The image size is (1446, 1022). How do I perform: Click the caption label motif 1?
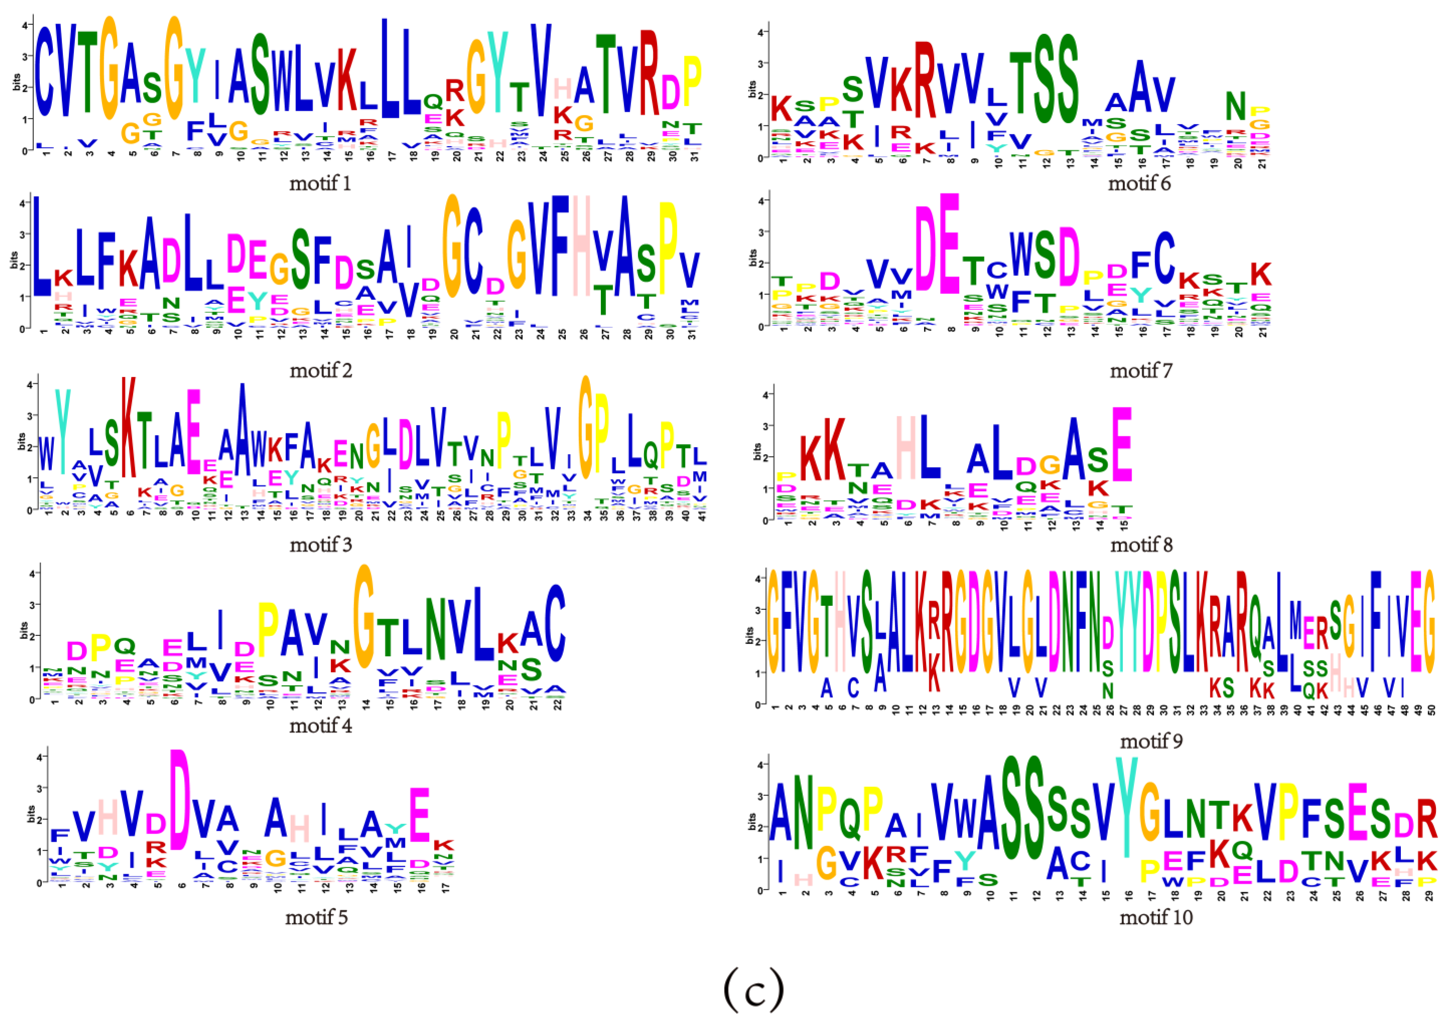pyautogui.click(x=320, y=184)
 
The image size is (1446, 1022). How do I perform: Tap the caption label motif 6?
pyautogui.click(x=1139, y=184)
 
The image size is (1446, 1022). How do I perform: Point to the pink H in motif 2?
pyautogui.click(x=582, y=246)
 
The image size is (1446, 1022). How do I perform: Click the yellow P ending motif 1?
pyautogui.click(x=691, y=82)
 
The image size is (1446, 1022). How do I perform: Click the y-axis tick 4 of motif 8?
pyautogui.click(x=765, y=395)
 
